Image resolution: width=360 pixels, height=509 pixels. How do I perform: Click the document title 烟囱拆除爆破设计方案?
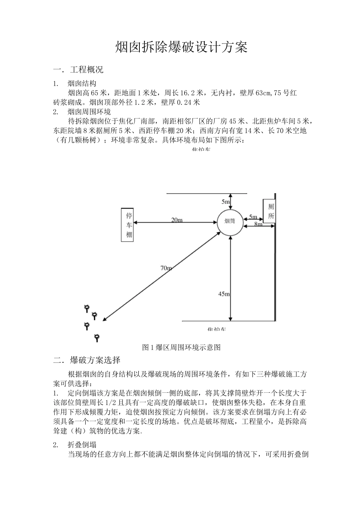click(x=181, y=47)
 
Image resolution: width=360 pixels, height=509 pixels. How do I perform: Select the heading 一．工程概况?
click(x=78, y=70)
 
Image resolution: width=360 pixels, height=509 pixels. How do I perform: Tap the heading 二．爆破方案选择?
click(x=87, y=360)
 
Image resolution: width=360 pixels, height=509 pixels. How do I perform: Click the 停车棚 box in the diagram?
click(x=129, y=225)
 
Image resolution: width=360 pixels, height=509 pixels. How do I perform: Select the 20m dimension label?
click(x=177, y=220)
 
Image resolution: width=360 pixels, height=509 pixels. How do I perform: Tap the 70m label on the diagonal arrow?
click(x=166, y=268)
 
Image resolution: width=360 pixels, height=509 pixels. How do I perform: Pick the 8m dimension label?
click(x=258, y=224)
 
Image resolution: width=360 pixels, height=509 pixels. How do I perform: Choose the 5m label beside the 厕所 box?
click(x=253, y=217)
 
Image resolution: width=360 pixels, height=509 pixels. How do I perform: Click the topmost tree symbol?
click(x=87, y=308)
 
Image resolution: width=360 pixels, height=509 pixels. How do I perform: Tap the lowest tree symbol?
click(x=97, y=337)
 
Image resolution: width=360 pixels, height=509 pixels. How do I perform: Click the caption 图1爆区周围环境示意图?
click(x=181, y=347)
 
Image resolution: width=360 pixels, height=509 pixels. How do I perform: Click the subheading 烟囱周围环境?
click(x=89, y=112)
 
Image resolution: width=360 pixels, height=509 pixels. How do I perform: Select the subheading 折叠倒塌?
click(x=82, y=445)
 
